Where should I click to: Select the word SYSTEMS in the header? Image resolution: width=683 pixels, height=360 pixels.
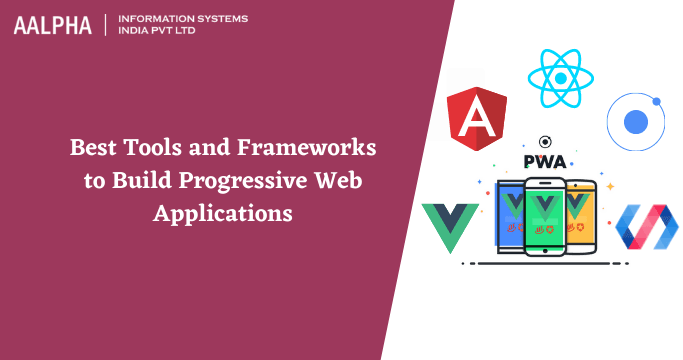point(222,19)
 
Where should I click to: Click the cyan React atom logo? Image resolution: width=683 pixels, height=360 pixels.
point(562,77)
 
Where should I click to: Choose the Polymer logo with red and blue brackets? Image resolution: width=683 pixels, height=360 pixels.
point(645,227)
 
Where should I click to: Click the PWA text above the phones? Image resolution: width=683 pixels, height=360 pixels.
point(545,162)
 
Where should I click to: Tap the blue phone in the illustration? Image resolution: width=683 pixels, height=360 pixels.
point(513,215)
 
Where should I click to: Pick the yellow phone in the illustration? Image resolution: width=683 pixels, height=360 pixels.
point(579,215)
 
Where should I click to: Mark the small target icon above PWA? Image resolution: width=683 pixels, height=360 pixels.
point(545,142)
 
